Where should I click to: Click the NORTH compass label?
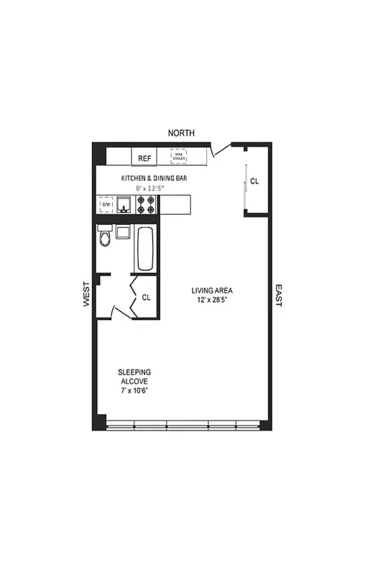[181, 133]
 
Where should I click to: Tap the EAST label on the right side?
[278, 295]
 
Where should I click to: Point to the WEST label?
[86, 294]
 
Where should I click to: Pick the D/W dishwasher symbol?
[106, 205]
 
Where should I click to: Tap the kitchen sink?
[124, 206]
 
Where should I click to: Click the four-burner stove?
[147, 205]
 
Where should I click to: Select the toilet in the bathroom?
[106, 236]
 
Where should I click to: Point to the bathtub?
[144, 248]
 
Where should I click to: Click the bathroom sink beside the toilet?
[123, 232]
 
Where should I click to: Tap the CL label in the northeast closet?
[254, 182]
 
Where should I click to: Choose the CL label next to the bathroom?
[146, 297]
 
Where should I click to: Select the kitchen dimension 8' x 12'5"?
[144, 188]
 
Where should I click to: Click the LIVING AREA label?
[212, 291]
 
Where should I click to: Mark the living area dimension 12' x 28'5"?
[212, 300]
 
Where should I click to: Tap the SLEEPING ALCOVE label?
[134, 376]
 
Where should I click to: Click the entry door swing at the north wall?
[223, 149]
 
